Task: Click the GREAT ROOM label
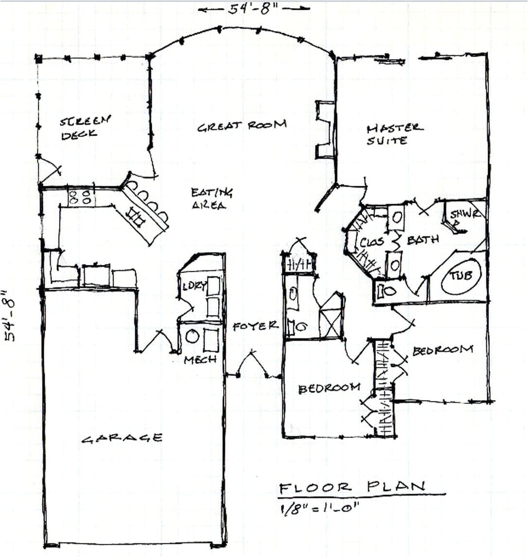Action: pyautogui.click(x=242, y=126)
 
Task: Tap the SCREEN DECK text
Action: pyautogui.click(x=86, y=127)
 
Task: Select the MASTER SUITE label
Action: pyautogui.click(x=394, y=134)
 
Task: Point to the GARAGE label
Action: pyautogui.click(x=122, y=438)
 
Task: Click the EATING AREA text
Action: pyautogui.click(x=211, y=199)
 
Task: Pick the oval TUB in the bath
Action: pyautogui.click(x=460, y=276)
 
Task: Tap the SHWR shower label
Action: pyautogui.click(x=465, y=214)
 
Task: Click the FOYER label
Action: pyautogui.click(x=255, y=326)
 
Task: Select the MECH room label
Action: pyautogui.click(x=200, y=360)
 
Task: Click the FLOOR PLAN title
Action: pyautogui.click(x=352, y=487)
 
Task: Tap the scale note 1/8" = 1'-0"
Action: pyautogui.click(x=319, y=508)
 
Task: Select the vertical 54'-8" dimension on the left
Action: pyautogui.click(x=10, y=316)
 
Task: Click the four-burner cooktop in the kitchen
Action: pyautogui.click(x=81, y=197)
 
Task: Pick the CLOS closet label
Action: pyautogui.click(x=372, y=242)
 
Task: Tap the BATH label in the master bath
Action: pyautogui.click(x=422, y=239)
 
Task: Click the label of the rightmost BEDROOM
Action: pyautogui.click(x=442, y=350)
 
